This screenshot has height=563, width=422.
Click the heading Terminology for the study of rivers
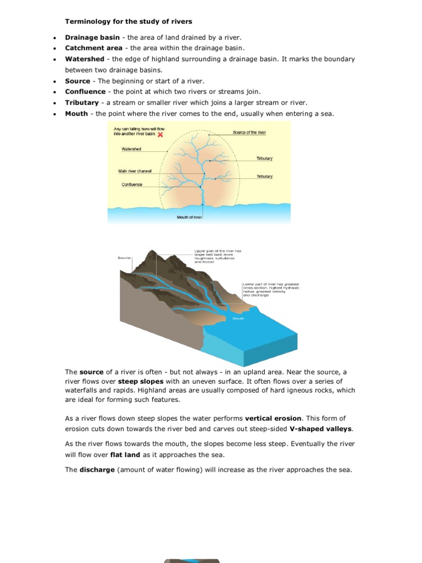(129, 21)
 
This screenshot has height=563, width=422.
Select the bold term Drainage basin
(92, 37)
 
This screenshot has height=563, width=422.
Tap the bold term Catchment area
(93, 48)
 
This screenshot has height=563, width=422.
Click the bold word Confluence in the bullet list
(85, 92)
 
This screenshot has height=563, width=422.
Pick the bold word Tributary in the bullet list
(82, 103)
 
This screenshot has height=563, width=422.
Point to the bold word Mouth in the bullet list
(76, 114)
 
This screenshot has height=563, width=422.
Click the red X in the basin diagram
(160, 135)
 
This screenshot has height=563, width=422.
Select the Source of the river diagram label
(249, 133)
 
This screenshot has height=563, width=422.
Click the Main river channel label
(135, 171)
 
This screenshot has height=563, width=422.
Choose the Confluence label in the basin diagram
(132, 185)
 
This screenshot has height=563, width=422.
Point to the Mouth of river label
(190, 217)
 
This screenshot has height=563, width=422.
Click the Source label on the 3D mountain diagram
(124, 257)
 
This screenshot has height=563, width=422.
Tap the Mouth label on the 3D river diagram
(238, 318)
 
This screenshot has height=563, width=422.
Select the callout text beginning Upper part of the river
(218, 257)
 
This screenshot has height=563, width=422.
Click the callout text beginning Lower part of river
(271, 290)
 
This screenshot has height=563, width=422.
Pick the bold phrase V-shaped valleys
(321, 429)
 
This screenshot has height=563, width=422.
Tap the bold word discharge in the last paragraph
(97, 470)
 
